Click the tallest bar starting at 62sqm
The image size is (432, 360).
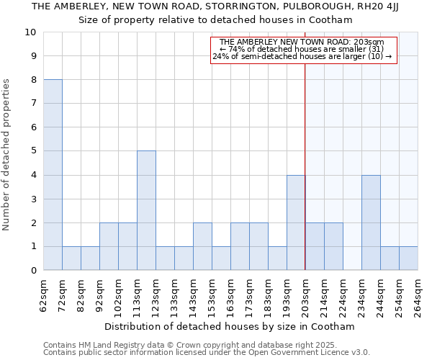[53, 175]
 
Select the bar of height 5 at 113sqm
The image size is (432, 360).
[146, 210]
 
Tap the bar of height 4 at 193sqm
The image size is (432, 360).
[296, 222]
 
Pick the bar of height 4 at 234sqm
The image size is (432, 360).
[371, 222]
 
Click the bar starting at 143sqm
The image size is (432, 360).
[202, 246]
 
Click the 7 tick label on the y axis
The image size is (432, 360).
[32, 104]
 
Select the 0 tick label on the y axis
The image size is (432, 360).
[32, 271]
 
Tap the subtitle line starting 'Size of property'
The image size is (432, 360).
[215, 19]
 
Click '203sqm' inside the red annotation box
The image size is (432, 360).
[379, 42]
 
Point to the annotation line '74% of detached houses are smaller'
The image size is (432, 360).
[302, 49]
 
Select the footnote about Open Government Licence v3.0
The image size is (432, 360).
[207, 353]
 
